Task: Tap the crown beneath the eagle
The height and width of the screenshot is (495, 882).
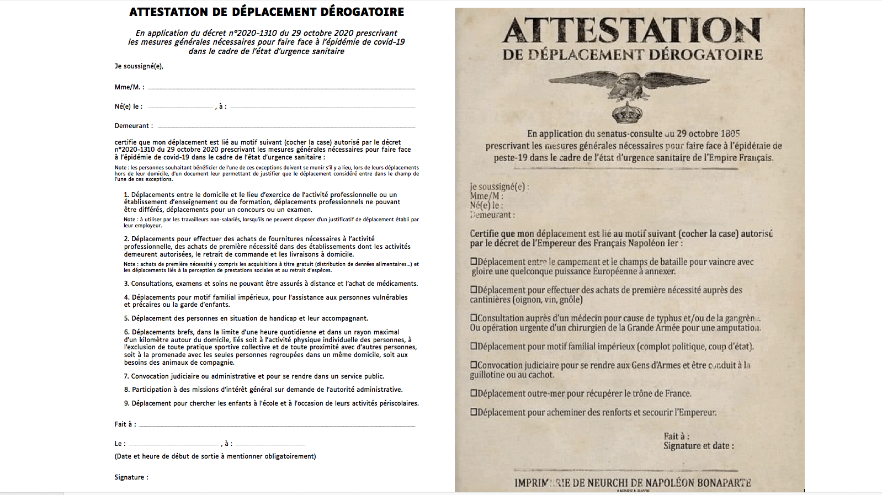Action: pyautogui.click(x=628, y=112)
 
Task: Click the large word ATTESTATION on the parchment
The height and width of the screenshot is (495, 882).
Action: pyautogui.click(x=632, y=30)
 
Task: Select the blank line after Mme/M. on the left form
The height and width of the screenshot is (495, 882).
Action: pyautogui.click(x=281, y=88)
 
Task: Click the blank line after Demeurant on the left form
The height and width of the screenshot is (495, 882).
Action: pyautogui.click(x=286, y=126)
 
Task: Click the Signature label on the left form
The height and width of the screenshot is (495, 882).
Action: pyautogui.click(x=131, y=477)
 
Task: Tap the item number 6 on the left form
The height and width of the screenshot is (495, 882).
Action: pyautogui.click(x=126, y=332)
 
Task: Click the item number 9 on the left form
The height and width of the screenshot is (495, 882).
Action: pyautogui.click(x=126, y=403)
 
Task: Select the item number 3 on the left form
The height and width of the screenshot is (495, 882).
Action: pyautogui.click(x=126, y=284)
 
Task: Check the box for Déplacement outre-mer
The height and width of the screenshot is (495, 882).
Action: pyautogui.click(x=474, y=393)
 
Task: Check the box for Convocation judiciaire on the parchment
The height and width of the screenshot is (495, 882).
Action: pyautogui.click(x=474, y=365)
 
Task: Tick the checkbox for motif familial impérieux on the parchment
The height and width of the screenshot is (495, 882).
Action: pyautogui.click(x=474, y=347)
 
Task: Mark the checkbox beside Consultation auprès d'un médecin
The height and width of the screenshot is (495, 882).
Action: pyautogui.click(x=474, y=318)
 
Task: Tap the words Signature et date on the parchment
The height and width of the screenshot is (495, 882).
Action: pyautogui.click(x=698, y=446)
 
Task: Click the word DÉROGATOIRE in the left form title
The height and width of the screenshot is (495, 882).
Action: pyautogui.click(x=361, y=12)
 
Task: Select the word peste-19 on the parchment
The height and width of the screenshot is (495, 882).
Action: pyautogui.click(x=511, y=158)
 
